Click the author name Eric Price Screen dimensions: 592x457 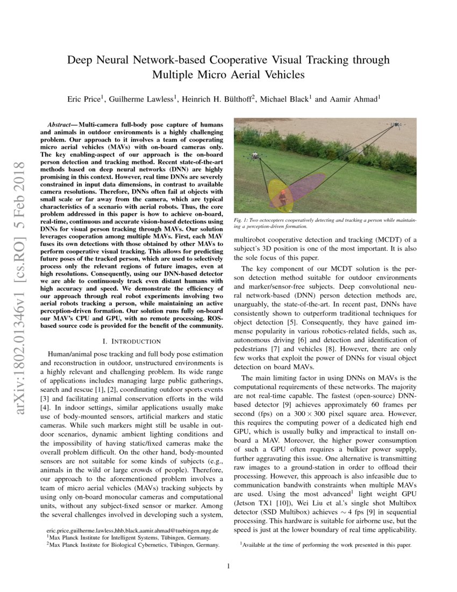[83, 100]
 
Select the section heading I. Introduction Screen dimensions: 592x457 [131, 341]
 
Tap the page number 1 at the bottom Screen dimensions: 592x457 [228, 566]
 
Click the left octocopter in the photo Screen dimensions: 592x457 [252, 157]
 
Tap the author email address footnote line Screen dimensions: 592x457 [126, 530]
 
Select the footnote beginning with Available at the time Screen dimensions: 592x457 [326, 545]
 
